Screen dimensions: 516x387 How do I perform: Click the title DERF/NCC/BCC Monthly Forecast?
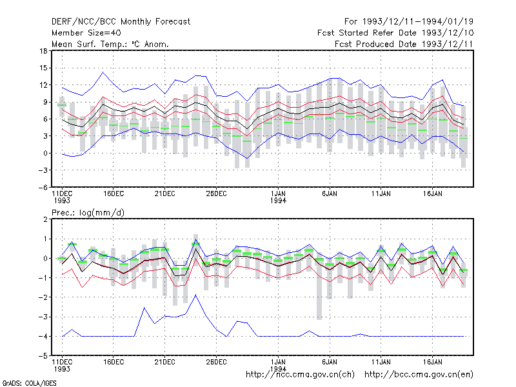[121, 22]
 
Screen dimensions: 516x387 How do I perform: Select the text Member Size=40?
[86, 33]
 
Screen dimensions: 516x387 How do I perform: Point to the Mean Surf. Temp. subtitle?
[110, 44]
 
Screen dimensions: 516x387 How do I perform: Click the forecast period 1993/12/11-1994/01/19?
[409, 22]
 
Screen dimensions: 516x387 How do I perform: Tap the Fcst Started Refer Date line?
[395, 33]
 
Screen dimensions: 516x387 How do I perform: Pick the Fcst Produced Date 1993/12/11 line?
[404, 44]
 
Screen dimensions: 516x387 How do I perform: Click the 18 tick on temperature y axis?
[43, 51]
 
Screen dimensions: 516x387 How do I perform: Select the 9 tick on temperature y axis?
[45, 102]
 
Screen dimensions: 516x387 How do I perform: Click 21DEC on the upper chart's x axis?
[164, 194]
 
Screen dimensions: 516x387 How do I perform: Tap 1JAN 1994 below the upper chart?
[278, 197]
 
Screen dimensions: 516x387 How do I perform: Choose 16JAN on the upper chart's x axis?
[432, 194]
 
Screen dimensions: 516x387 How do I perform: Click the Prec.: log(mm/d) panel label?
[88, 213]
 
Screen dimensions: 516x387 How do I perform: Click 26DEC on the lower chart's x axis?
[216, 362]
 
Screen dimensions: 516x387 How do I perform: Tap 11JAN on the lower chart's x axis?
[381, 362]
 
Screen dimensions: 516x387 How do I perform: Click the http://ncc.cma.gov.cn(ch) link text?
[300, 375]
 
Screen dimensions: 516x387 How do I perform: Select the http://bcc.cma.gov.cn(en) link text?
[419, 375]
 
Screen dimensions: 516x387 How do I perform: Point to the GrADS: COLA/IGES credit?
[30, 383]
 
